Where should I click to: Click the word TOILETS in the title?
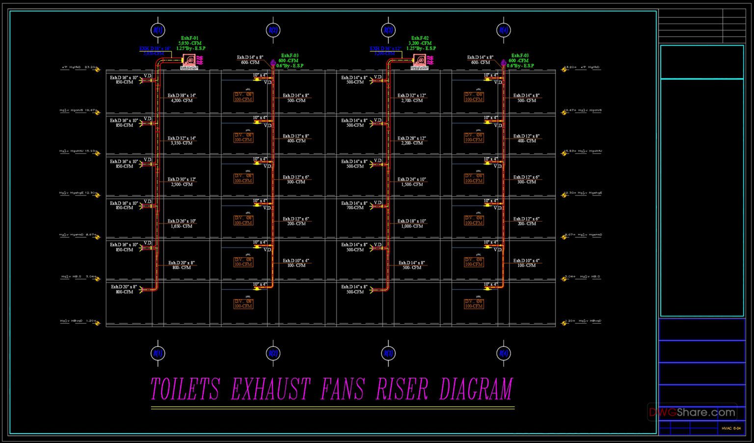pos(185,389)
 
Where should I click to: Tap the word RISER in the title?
pos(402,389)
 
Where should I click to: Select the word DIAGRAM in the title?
pos(476,389)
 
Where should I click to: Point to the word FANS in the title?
pos(343,389)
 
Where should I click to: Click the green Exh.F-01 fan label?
pos(189,38)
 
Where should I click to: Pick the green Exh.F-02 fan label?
pos(420,38)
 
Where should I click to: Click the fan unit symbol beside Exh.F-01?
pos(189,60)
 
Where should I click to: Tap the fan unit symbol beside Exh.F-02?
pos(420,60)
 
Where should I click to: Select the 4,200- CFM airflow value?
pos(182,101)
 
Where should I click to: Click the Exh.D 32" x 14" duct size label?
pos(182,138)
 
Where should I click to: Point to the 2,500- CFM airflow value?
pos(182,185)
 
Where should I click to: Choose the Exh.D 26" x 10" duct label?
pos(182,221)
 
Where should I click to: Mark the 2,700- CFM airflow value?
pos(412,101)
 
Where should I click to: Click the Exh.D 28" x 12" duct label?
pos(412,138)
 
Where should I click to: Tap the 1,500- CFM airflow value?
pos(412,185)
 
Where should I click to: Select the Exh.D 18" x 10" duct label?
pos(412,221)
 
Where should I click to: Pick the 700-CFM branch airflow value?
pos(355,208)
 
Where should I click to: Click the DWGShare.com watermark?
pos(693,413)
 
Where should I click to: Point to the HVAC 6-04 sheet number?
pos(731,428)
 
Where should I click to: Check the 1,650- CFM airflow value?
pos(182,226)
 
